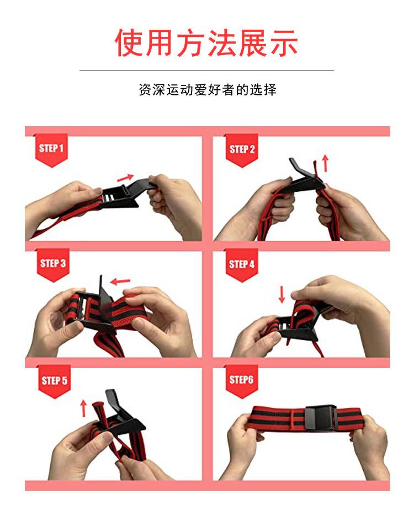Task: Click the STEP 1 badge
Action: tap(51, 150)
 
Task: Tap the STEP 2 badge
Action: tap(242, 150)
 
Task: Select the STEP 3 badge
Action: tap(53, 265)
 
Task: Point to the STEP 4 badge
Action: tap(242, 265)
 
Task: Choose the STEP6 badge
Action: tap(242, 381)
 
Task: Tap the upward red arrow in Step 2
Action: tap(326, 163)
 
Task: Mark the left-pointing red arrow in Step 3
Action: tap(120, 282)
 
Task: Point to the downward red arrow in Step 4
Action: tap(282, 294)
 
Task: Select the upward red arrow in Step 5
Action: tap(83, 408)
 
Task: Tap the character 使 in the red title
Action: tap(128, 42)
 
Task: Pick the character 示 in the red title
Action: tap(284, 43)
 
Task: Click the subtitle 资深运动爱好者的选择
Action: tap(208, 90)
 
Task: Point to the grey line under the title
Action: tap(206, 70)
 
